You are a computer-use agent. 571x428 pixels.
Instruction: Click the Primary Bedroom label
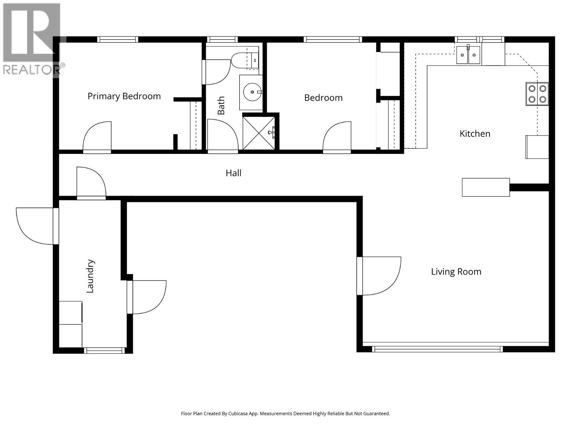(124, 96)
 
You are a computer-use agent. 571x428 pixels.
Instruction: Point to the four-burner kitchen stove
(537, 94)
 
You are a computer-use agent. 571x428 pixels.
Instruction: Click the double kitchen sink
(468, 55)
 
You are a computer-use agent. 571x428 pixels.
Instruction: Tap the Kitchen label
(475, 134)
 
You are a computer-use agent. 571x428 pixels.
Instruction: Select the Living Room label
(456, 272)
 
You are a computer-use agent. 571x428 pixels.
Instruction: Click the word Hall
(233, 173)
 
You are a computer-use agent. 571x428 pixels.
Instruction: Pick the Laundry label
(90, 276)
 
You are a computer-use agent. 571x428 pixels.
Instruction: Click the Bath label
(221, 105)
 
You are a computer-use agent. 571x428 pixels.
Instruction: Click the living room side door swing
(379, 275)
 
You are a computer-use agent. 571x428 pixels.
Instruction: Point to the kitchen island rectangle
(485, 187)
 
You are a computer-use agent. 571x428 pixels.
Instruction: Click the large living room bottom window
(437, 349)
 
